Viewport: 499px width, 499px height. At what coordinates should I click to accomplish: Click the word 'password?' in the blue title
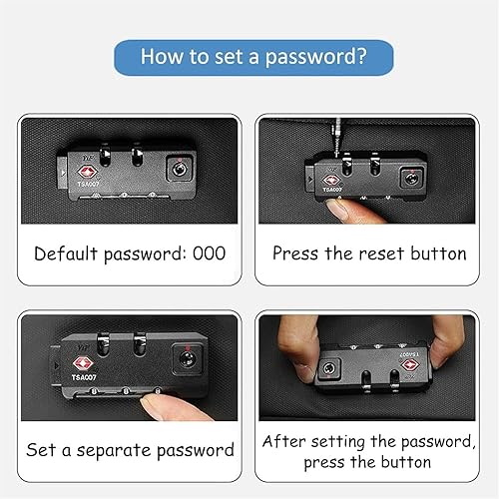315,57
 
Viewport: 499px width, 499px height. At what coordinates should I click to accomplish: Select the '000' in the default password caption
210,253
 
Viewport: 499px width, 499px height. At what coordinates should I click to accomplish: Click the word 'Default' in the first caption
66,253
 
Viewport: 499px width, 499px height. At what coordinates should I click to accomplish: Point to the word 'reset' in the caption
381,253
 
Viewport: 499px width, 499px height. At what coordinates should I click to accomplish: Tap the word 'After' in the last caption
283,441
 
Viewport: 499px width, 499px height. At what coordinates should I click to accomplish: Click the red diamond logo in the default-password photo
88,172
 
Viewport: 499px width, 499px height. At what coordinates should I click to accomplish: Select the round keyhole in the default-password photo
180,170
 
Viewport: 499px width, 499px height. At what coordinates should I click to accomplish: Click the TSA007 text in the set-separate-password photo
84,377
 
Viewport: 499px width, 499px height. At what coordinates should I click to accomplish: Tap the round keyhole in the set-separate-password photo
187,359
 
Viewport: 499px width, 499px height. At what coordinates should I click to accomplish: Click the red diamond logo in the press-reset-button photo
331,181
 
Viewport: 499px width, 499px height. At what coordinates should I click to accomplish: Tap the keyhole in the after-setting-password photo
328,368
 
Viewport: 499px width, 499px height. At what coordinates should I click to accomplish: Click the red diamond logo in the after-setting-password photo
410,365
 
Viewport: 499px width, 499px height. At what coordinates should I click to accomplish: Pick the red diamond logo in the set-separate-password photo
83,364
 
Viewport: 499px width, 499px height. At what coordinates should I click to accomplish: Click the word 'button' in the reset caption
438,253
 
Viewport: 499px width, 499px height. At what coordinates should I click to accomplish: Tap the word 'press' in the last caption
323,463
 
